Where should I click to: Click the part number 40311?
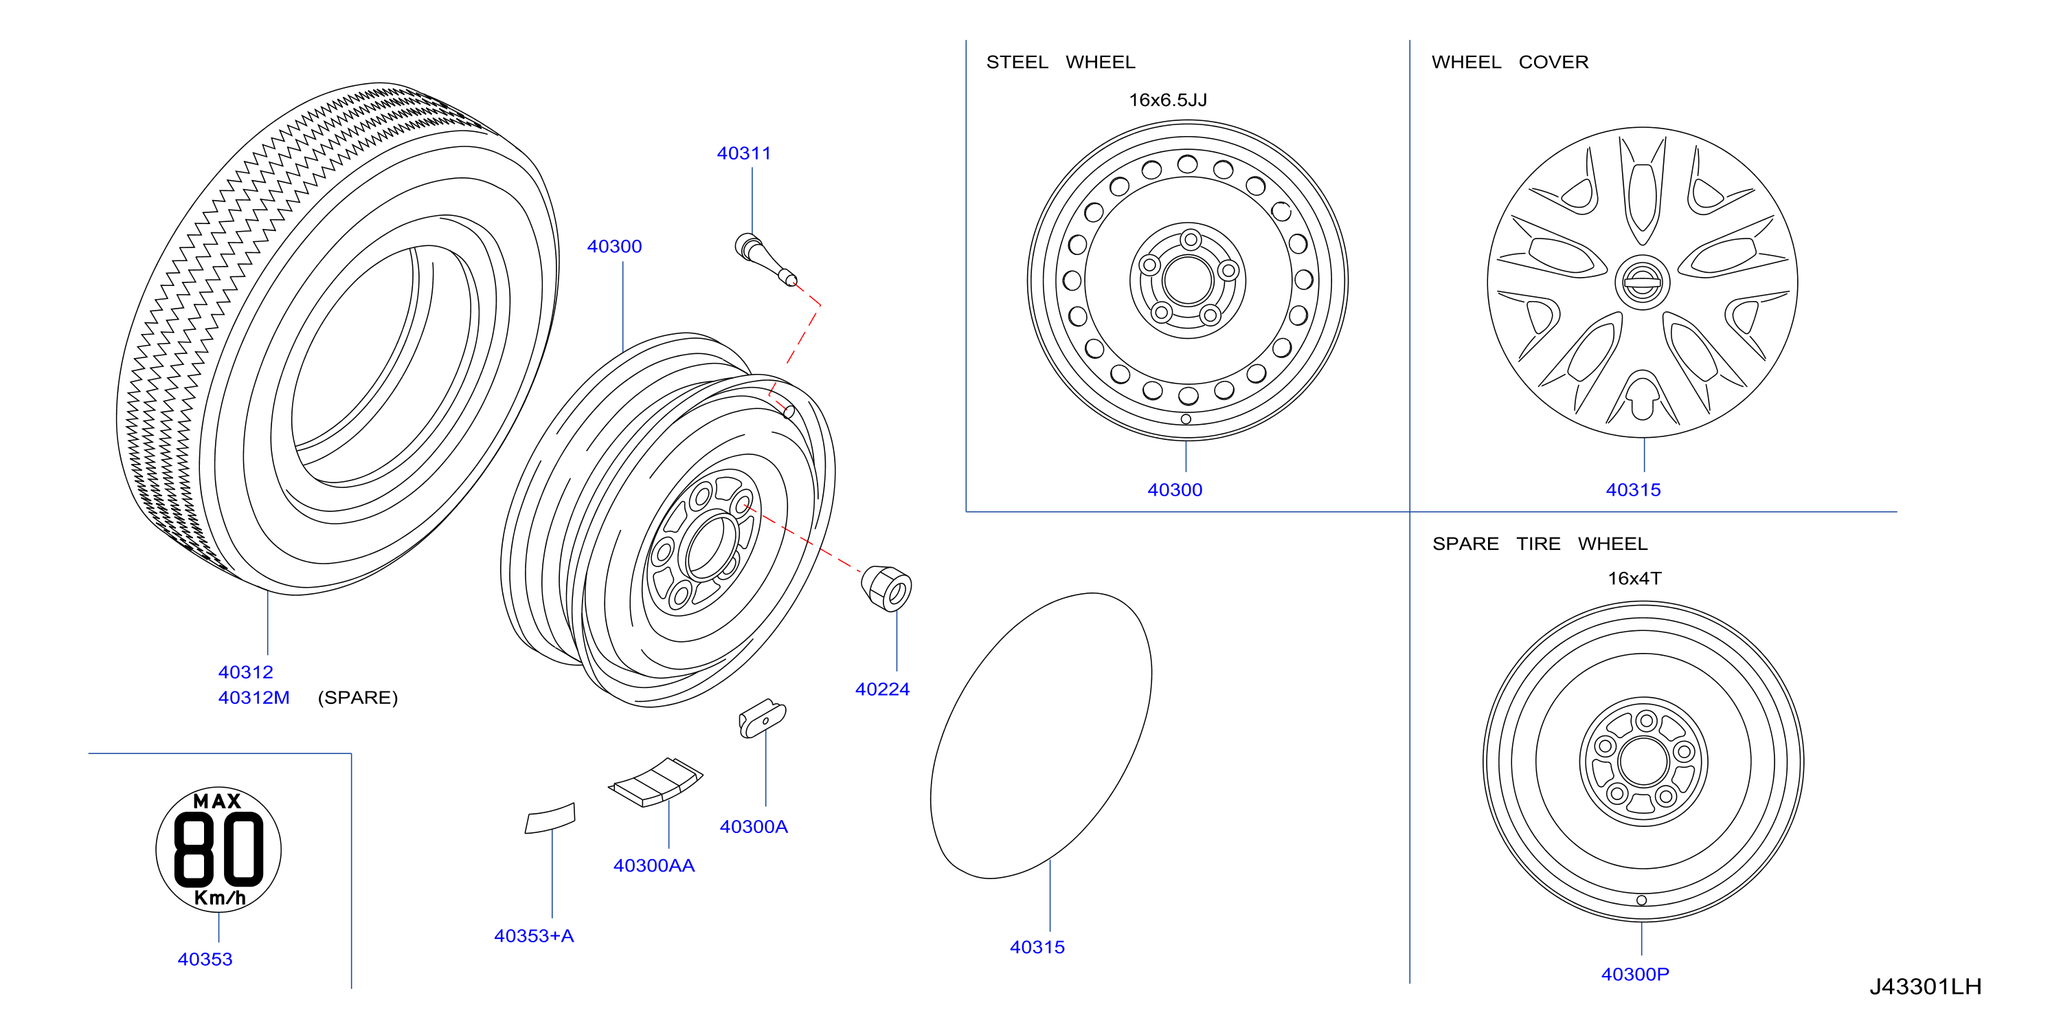click(743, 153)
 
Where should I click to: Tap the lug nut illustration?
click(886, 588)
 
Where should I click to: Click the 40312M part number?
click(254, 698)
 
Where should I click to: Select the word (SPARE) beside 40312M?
click(358, 698)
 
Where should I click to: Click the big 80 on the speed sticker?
click(218, 849)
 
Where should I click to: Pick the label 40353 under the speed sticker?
click(205, 959)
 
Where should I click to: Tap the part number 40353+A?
click(534, 936)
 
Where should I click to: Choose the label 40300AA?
click(653, 865)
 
